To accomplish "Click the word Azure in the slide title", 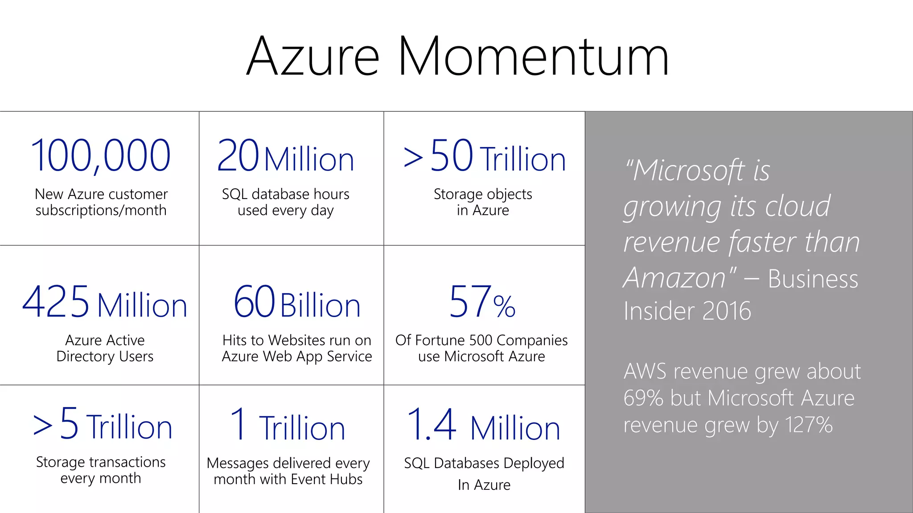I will [x=313, y=57].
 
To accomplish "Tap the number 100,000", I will [x=101, y=155].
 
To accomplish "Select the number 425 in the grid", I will [x=56, y=302].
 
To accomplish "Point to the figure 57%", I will [x=482, y=303].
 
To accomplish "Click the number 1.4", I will [x=432, y=425].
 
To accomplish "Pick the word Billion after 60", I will [x=321, y=306].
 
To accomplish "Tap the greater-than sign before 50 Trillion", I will [x=413, y=159].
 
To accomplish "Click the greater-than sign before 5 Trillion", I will [x=43, y=425].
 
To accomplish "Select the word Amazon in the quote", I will [x=674, y=278].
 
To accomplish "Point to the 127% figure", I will [x=809, y=425].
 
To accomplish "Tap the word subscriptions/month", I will [x=101, y=210].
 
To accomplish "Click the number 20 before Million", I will [x=238, y=155].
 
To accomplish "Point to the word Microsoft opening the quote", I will [x=689, y=171].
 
